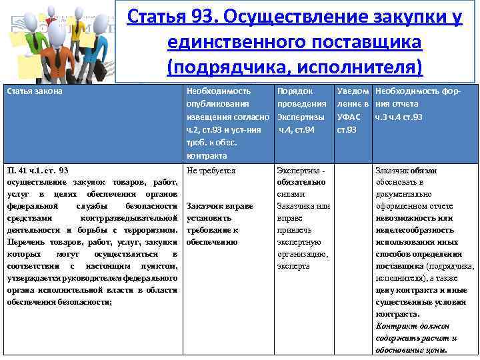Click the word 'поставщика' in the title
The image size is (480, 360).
pos(361,41)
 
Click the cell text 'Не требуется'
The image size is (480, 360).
pos(211,171)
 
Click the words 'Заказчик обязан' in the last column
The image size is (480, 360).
pos(405,171)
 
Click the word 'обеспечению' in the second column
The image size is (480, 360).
pos(212,242)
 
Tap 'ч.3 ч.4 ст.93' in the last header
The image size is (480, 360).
pos(399,116)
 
